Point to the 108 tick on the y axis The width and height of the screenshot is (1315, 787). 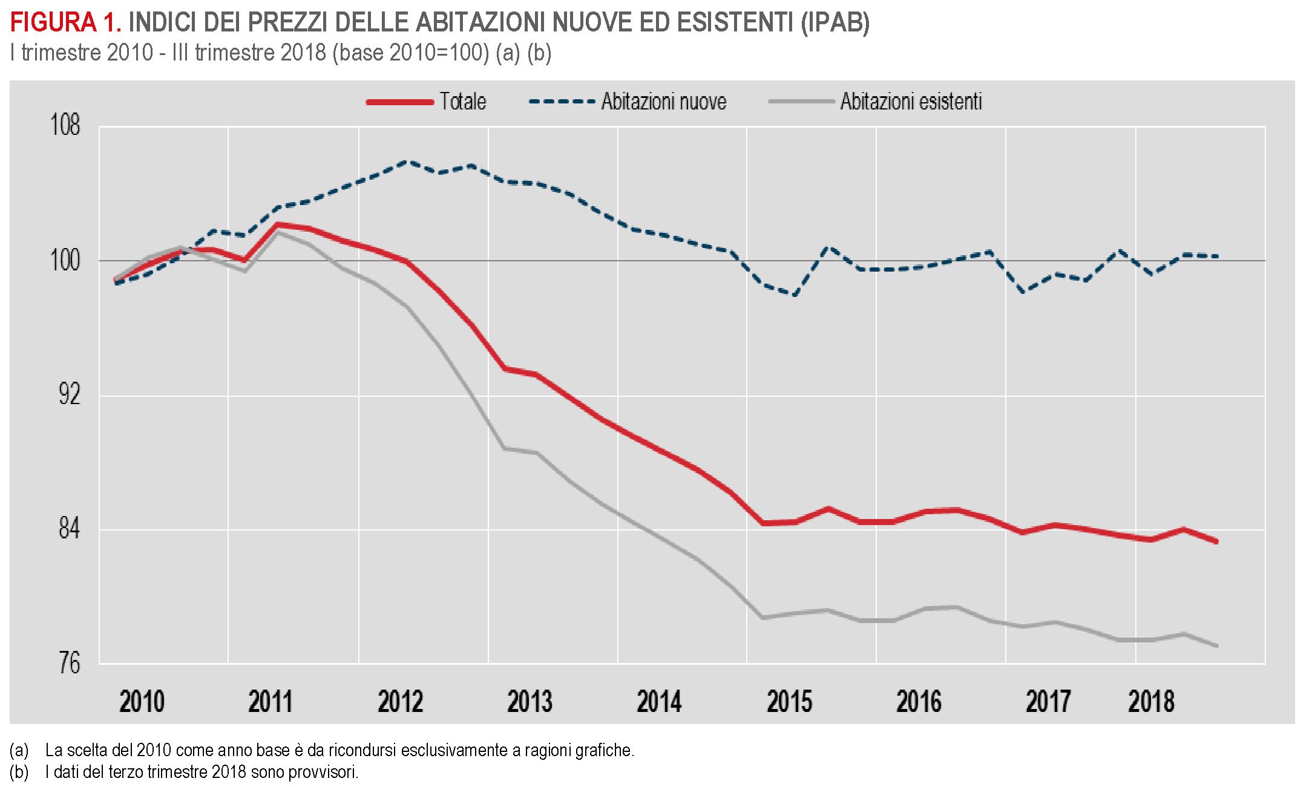coord(65,126)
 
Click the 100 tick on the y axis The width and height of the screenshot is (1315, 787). coord(65,260)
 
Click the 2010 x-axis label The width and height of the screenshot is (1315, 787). coord(142,702)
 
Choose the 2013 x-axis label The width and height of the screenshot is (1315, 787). coord(530,702)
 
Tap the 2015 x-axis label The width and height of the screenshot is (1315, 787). coord(789,702)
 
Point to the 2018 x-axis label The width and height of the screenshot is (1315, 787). coord(1151,702)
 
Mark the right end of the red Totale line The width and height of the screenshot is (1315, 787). coord(1216,541)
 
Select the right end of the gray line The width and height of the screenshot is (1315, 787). coord(1216,646)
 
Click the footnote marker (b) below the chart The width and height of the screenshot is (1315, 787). coord(19,772)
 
